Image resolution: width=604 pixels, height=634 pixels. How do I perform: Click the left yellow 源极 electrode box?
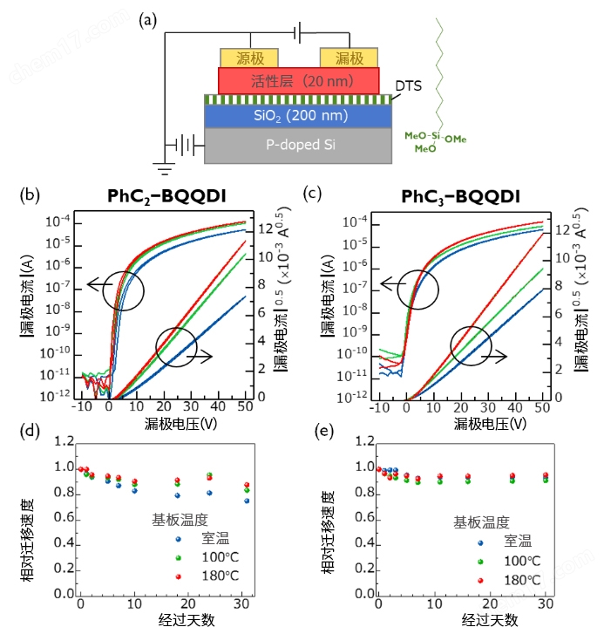click(x=249, y=58)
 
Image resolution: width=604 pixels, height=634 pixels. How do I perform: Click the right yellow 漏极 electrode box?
click(x=349, y=58)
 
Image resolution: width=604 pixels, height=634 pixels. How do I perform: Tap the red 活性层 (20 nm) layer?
click(x=299, y=81)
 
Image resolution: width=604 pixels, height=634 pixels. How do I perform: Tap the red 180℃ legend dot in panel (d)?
click(x=179, y=576)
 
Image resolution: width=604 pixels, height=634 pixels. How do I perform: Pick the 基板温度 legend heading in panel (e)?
click(x=480, y=522)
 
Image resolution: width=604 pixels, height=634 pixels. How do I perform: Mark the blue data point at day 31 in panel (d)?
click(x=247, y=501)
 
